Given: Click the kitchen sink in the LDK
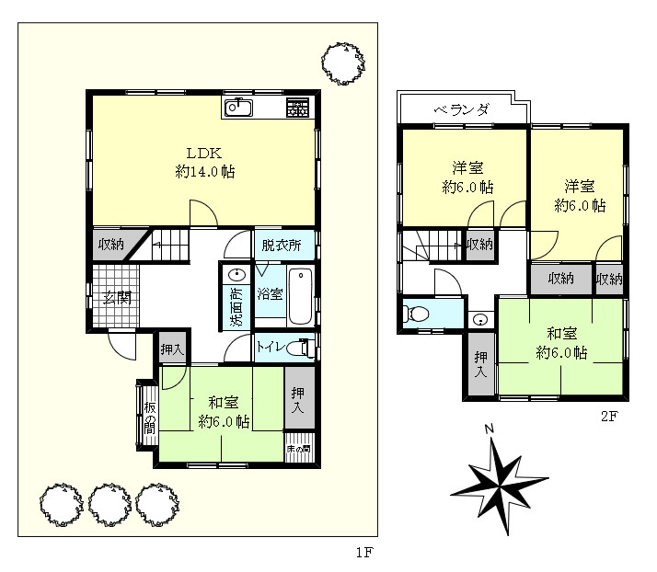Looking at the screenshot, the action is pyautogui.click(x=238, y=108).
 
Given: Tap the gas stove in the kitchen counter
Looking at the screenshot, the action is pyautogui.click(x=297, y=108).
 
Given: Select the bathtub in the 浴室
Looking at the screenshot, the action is pyautogui.click(x=300, y=296).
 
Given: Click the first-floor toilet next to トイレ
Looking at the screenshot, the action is pyautogui.click(x=301, y=348).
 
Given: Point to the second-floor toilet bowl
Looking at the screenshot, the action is pyautogui.click(x=415, y=314).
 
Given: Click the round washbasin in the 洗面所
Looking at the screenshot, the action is pyautogui.click(x=236, y=275).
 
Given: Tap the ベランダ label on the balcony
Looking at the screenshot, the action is pyautogui.click(x=461, y=110).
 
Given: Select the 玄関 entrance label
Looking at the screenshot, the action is pyautogui.click(x=118, y=297).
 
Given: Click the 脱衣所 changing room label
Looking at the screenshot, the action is pyautogui.click(x=282, y=245).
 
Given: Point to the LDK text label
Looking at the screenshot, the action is pyautogui.click(x=204, y=154).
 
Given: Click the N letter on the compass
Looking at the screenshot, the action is pyautogui.click(x=489, y=429).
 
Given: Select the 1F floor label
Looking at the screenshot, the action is pyautogui.click(x=364, y=553).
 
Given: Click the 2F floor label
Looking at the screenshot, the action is pyautogui.click(x=609, y=417).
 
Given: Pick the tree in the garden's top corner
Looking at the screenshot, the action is pyautogui.click(x=342, y=63).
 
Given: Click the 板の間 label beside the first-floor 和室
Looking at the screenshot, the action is pyautogui.click(x=150, y=418).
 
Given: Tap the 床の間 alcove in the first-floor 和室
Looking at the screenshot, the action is pyautogui.click(x=300, y=448).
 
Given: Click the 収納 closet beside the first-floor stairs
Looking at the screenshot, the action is pyautogui.click(x=111, y=244).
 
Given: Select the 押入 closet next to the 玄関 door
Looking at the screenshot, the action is pyautogui.click(x=172, y=349).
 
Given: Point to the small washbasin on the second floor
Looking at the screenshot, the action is pyautogui.click(x=480, y=320).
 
